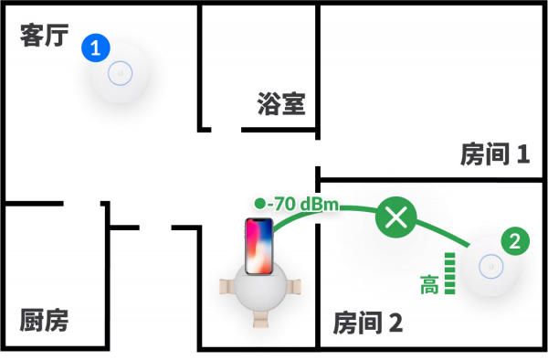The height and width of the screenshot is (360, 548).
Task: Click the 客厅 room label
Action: pos(44,36)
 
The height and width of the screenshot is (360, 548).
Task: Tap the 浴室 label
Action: pos(281,104)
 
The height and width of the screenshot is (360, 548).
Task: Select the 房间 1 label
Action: pos(494,154)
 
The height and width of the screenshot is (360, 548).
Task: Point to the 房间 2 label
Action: pos(367,323)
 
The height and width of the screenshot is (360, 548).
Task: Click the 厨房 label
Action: pos(44,320)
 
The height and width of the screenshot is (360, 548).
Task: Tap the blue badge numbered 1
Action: pos(95,48)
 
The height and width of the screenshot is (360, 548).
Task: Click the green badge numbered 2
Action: pos(515,241)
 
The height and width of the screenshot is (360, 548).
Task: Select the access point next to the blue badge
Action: pos(121,73)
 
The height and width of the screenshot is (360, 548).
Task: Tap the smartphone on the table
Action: pos(258,245)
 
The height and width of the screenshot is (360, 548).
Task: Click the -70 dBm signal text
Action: pos(305,204)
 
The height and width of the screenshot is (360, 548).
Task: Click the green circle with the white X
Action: pos(395,217)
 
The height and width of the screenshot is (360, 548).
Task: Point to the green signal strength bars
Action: pos(449,273)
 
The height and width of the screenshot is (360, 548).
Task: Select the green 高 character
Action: pos(429,285)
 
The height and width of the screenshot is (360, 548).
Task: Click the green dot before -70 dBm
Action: pos(260,203)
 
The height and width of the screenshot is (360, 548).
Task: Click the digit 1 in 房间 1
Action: pos(522,154)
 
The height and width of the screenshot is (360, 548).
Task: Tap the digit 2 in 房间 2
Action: pos(395,323)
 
